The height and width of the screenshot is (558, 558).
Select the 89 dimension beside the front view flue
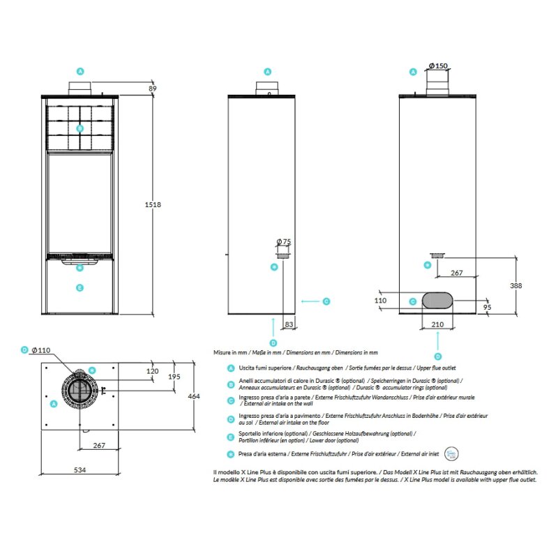(x=152, y=89)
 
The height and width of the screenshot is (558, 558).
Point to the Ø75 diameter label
(x=284, y=241)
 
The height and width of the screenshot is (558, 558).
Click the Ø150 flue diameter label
(x=437, y=66)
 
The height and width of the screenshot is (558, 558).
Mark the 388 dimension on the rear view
(x=515, y=285)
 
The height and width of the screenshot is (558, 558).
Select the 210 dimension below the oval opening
(x=437, y=324)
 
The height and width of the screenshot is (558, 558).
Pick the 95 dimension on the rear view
(x=487, y=307)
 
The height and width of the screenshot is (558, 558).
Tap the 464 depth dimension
(x=195, y=396)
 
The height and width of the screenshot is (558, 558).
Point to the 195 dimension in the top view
(x=174, y=377)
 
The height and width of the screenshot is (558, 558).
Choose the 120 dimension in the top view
(x=153, y=372)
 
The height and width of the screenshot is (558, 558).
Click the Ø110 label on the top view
(x=40, y=349)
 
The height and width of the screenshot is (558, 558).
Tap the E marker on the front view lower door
(x=80, y=287)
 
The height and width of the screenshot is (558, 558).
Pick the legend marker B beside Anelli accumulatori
(x=231, y=384)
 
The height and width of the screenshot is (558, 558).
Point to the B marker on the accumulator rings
(x=80, y=128)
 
